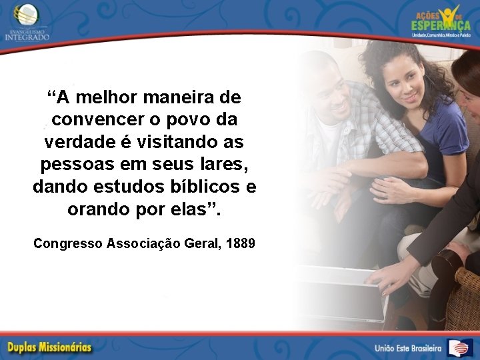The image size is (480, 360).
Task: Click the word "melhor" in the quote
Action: [x=109, y=98]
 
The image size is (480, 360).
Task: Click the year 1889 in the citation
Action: [x=241, y=243]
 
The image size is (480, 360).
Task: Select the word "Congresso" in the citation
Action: [x=67, y=243]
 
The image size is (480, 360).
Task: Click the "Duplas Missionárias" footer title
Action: [x=50, y=347]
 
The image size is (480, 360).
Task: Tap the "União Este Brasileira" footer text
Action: [x=408, y=347]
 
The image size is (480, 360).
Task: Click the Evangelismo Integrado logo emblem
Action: [x=27, y=13]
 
